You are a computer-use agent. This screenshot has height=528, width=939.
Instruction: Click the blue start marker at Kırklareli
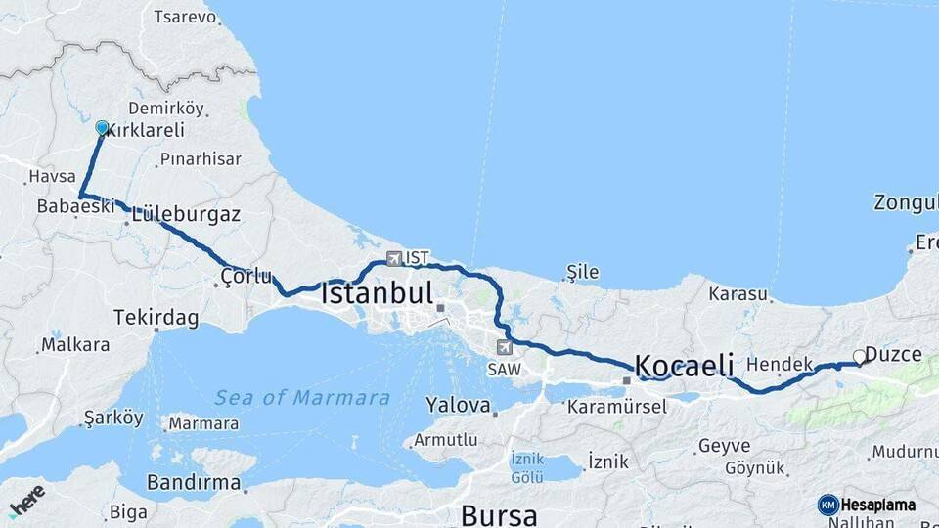pos(102,128)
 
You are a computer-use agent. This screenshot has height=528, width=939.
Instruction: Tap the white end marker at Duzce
pos(860,357)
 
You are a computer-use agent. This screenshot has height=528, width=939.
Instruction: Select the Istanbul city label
pos(377,293)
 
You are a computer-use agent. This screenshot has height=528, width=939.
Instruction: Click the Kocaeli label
pos(685,366)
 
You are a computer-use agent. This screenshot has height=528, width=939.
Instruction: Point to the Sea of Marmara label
pos(302,398)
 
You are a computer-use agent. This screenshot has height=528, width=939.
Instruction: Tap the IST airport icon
pos(394,259)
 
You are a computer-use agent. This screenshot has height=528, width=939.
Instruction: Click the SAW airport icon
pos(505,347)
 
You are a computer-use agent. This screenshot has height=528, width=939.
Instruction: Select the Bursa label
pos(498,514)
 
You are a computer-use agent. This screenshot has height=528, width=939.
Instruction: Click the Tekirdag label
pos(156,318)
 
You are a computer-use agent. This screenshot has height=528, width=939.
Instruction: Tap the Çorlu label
pos(246,276)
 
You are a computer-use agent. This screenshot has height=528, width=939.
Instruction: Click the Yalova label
pos(457,404)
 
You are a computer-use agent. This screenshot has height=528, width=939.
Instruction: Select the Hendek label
pos(780,365)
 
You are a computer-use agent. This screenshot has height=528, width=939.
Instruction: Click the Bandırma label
pos(194,482)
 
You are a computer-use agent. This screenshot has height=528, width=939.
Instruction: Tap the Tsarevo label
pos(185,17)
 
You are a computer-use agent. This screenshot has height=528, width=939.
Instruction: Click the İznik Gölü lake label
pos(527,466)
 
